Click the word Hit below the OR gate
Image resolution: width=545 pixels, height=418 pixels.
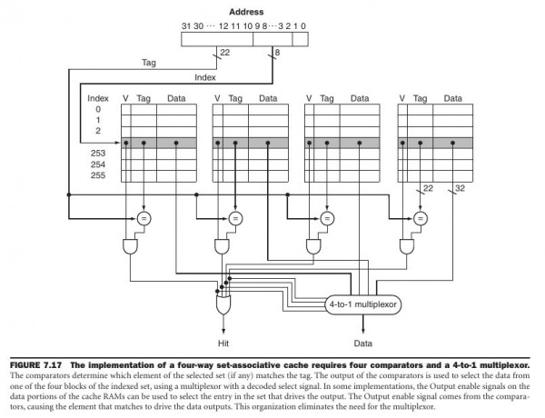tap(223, 344)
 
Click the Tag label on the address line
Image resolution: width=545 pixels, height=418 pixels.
tap(150, 64)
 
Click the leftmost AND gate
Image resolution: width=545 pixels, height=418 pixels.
tap(129, 246)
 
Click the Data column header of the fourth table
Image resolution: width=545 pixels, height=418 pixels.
tap(452, 97)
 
